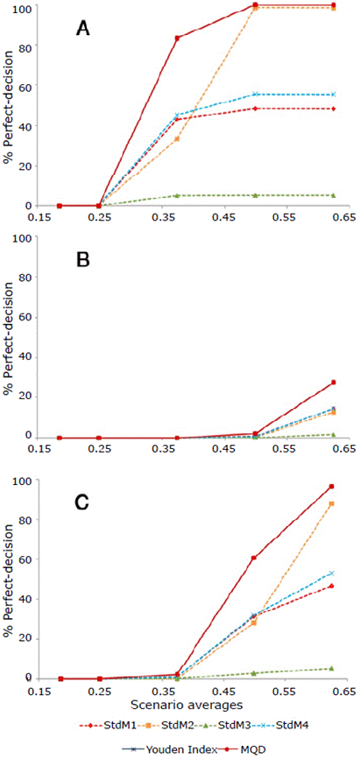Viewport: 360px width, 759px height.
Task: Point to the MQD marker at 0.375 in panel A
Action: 177,39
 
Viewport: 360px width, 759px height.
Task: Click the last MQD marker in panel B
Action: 333,383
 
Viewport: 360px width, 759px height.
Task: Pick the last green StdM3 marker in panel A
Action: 333,195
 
